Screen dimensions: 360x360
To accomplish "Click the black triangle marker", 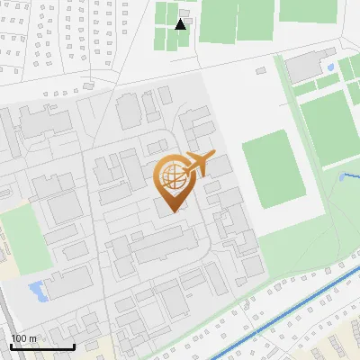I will (181, 23).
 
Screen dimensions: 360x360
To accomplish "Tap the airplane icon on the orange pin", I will (199, 163).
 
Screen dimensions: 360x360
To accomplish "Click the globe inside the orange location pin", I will (171, 176).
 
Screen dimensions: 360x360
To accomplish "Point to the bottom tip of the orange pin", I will (171, 211).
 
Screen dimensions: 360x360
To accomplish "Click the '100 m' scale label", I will (23, 338).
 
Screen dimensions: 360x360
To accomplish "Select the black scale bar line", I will (42, 346).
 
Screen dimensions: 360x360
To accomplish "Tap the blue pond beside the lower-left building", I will (37, 290).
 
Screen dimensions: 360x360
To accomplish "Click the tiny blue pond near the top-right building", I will (331, 67).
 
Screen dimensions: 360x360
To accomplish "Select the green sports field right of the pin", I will (277, 168).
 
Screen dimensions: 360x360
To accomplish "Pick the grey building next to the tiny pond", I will (306, 65).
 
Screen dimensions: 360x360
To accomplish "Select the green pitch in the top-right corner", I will (310, 10).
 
